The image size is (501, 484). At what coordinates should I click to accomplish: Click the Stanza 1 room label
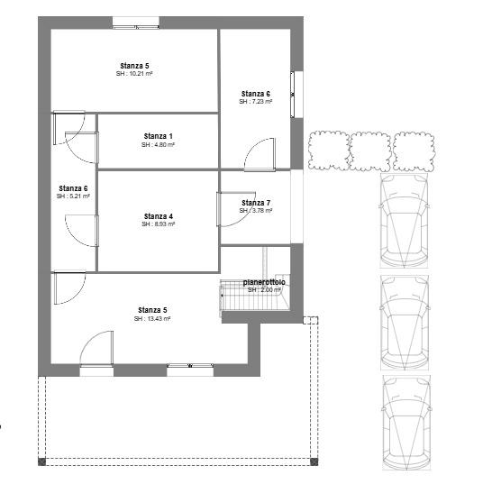click(159, 136)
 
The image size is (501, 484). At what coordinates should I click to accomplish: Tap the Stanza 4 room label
click(159, 216)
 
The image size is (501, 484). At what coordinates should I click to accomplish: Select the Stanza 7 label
click(256, 203)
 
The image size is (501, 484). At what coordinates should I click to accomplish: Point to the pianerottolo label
click(264, 283)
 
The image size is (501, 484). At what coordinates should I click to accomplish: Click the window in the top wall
click(136, 23)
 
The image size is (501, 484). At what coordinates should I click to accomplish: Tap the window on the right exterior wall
click(296, 95)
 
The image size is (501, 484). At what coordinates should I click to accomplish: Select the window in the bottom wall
click(190, 370)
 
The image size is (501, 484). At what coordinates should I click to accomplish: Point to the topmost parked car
click(405, 221)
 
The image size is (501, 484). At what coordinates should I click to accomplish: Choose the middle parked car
click(405, 323)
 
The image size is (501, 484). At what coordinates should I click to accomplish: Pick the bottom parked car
click(406, 423)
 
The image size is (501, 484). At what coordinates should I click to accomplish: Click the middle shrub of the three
click(370, 151)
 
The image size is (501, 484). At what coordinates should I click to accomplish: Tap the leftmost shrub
click(329, 151)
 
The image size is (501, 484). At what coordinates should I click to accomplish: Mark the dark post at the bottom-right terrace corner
click(314, 461)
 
